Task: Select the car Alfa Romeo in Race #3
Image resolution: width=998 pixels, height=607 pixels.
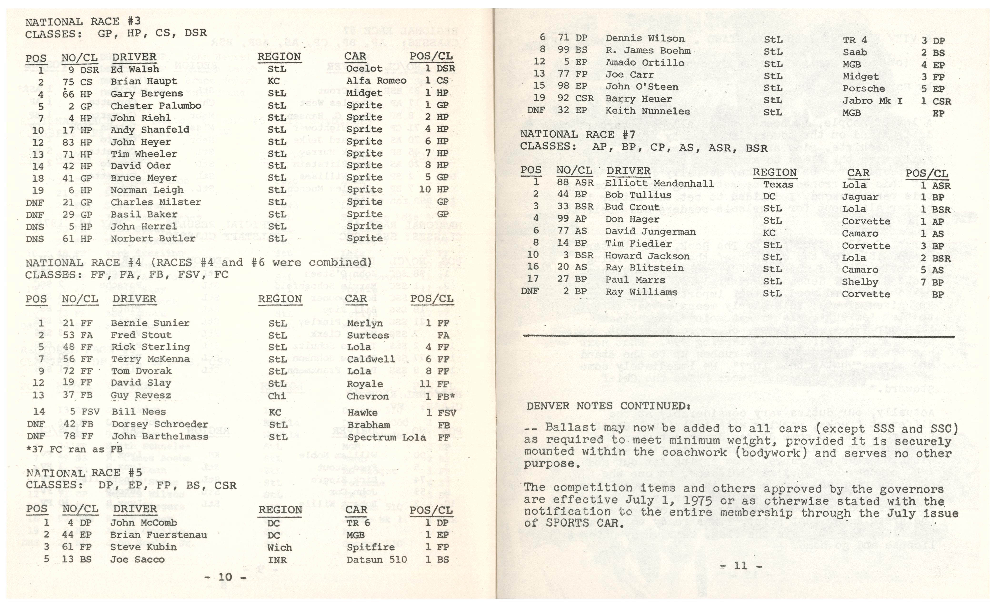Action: (x=376, y=81)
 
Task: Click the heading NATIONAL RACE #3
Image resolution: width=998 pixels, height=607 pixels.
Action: (x=83, y=21)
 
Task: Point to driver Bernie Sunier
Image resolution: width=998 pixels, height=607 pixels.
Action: (x=150, y=323)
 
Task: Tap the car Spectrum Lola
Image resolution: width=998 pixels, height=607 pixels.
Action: (x=386, y=437)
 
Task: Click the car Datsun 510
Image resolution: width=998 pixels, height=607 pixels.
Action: (x=376, y=560)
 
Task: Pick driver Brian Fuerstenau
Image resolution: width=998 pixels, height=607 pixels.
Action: (x=158, y=535)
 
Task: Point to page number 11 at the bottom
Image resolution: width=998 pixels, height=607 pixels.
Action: (x=741, y=566)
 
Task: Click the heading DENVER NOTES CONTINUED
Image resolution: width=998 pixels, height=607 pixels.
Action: (x=608, y=406)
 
